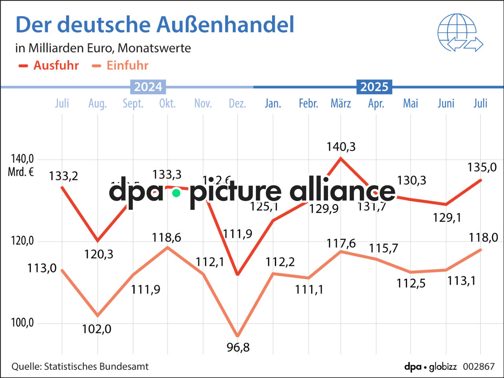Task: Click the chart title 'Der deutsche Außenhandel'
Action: point(155,24)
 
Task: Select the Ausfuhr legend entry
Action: point(49,65)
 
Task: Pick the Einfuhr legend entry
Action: point(120,65)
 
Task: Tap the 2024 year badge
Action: point(148,87)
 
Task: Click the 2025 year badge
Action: point(374,87)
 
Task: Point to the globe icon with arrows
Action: point(460,33)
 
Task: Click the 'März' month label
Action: point(341,103)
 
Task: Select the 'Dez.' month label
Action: point(237,103)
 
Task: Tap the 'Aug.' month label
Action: point(97,103)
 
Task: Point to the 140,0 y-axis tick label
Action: point(22,159)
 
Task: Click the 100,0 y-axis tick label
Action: point(22,322)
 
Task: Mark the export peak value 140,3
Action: point(341,147)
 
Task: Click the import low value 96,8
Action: point(238,347)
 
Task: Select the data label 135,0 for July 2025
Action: point(482,167)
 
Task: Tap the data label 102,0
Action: point(96,329)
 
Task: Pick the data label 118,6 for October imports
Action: point(167,237)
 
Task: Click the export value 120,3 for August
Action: point(98,254)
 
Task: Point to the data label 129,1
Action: point(447,217)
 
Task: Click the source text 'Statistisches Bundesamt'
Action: point(96,367)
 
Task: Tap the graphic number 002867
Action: point(478,367)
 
